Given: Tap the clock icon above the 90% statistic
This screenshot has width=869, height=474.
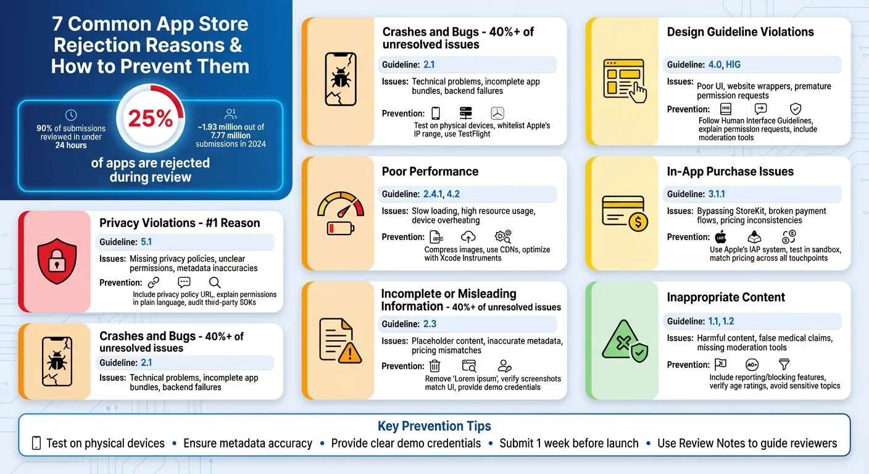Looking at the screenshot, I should pyautogui.click(x=71, y=115).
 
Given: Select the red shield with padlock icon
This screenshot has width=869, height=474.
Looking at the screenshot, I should pyautogui.click(x=56, y=260).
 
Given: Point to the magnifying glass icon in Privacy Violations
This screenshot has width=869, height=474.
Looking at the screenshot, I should pyautogui.click(x=215, y=283).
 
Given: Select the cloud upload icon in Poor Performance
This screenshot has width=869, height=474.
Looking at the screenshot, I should pyautogui.click(x=468, y=236).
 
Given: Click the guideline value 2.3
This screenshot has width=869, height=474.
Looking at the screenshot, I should pyautogui.click(x=430, y=324).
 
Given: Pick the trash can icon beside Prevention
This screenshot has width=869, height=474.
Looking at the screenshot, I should pyautogui.click(x=435, y=365).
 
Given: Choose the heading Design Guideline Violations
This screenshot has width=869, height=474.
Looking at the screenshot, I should pyautogui.click(x=740, y=32).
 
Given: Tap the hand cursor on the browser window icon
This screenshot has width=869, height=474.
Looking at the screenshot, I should pyautogui.click(x=639, y=93).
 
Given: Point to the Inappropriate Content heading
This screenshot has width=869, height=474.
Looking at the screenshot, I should pyautogui.click(x=726, y=297).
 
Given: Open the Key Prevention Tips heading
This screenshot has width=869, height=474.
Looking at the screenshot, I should pyautogui.click(x=434, y=426).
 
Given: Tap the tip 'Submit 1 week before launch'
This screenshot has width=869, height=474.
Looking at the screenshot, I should pyautogui.click(x=568, y=443).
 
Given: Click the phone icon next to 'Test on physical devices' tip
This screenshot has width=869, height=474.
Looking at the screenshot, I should pyautogui.click(x=36, y=443).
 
